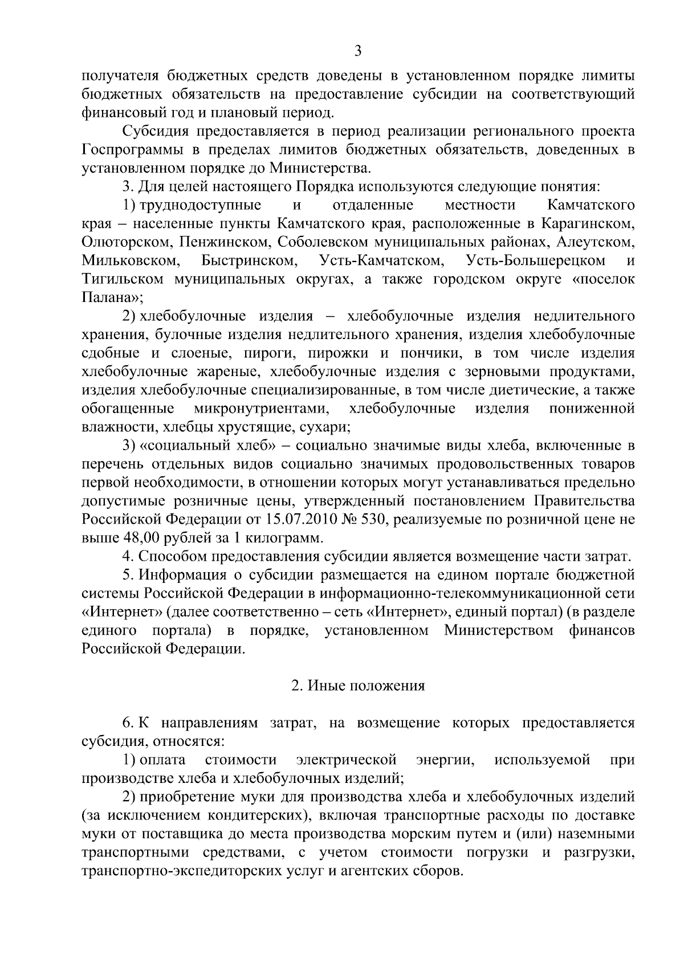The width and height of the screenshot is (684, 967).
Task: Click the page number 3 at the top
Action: (358, 52)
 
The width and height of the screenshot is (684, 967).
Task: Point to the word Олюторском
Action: (125, 242)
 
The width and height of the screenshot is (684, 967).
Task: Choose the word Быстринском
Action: (250, 261)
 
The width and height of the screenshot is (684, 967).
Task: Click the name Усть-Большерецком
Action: (536, 261)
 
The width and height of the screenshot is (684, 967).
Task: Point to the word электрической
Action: (347, 760)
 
